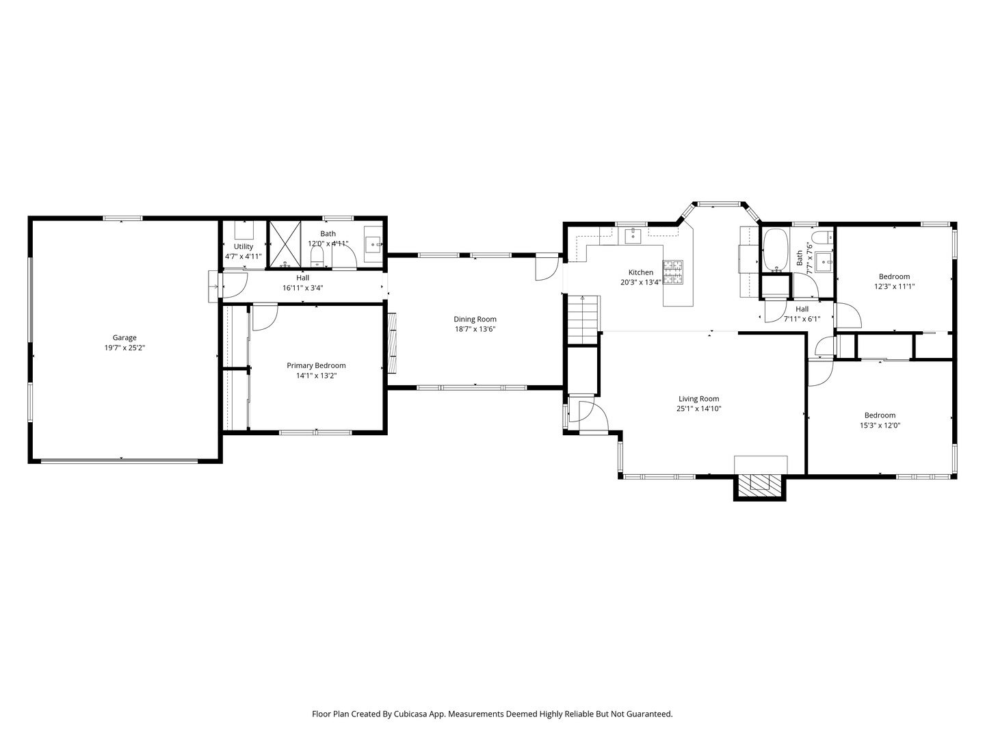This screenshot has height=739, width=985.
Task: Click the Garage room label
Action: click(124, 337)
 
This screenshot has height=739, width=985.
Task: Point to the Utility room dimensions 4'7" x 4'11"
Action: click(244, 257)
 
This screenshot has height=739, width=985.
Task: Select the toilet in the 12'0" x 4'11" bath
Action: click(317, 257)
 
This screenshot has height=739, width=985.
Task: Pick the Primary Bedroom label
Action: click(316, 365)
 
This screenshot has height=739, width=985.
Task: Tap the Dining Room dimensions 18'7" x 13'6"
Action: click(475, 329)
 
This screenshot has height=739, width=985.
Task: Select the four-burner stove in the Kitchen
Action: click(672, 272)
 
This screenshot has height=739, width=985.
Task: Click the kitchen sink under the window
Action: click(632, 235)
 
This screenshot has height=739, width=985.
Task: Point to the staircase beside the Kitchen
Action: click(583, 320)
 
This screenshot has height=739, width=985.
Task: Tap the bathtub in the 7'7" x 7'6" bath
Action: click(776, 250)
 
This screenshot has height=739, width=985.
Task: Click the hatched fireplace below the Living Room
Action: click(759, 485)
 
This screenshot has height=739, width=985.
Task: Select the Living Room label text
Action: click(698, 399)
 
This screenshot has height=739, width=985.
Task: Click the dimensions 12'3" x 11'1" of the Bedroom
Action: click(894, 287)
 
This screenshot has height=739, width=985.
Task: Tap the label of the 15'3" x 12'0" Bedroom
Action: click(880, 415)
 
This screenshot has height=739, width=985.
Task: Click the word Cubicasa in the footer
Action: click(412, 714)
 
